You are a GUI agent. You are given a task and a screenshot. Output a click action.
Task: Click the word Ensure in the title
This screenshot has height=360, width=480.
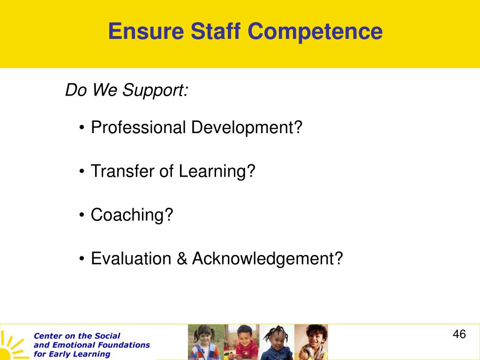146,31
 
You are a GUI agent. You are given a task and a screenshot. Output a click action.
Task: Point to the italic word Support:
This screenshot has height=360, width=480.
155,91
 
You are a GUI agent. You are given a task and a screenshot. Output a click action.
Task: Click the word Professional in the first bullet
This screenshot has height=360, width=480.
138,127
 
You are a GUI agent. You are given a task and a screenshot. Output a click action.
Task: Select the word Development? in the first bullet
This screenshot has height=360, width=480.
247,128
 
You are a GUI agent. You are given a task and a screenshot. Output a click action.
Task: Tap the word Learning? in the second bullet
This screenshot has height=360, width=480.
217,172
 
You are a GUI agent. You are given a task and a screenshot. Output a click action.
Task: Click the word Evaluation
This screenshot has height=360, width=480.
131,258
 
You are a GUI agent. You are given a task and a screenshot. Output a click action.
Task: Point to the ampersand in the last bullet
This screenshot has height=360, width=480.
182,259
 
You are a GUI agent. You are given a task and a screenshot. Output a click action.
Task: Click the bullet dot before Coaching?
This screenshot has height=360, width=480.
82,215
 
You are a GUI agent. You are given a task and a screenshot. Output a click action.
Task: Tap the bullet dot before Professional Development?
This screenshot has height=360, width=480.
82,127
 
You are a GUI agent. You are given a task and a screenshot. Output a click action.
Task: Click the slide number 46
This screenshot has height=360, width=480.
459,334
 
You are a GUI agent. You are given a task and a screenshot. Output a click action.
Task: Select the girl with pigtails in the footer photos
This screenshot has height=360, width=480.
204,342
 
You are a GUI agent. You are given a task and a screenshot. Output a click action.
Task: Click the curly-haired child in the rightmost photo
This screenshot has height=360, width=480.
311,342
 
